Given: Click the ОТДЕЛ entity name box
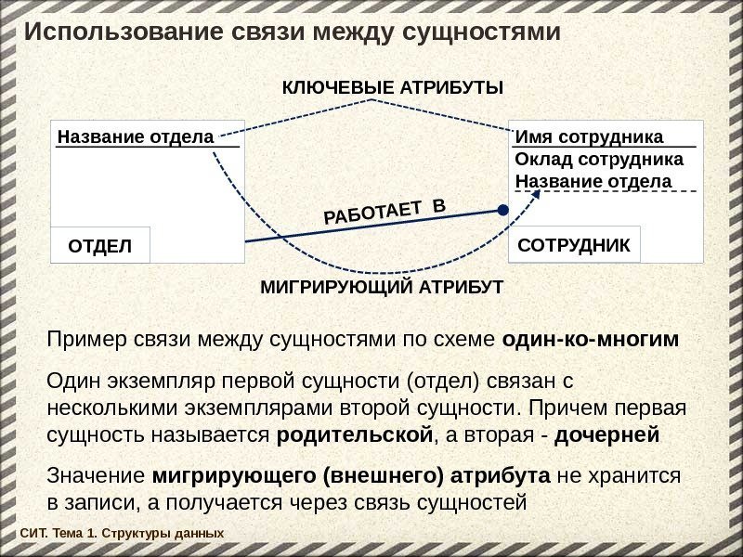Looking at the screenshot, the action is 99,246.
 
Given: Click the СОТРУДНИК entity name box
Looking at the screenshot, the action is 574,246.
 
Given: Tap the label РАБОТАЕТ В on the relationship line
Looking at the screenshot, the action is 385,214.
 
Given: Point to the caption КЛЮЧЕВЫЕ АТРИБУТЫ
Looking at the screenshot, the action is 392,88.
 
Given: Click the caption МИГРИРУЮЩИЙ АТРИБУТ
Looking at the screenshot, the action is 381,287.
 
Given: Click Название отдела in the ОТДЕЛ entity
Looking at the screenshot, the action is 136,137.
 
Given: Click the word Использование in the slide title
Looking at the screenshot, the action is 117,33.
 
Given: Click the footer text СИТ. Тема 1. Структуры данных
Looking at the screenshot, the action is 122,534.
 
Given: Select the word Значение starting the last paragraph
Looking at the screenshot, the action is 95,476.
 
